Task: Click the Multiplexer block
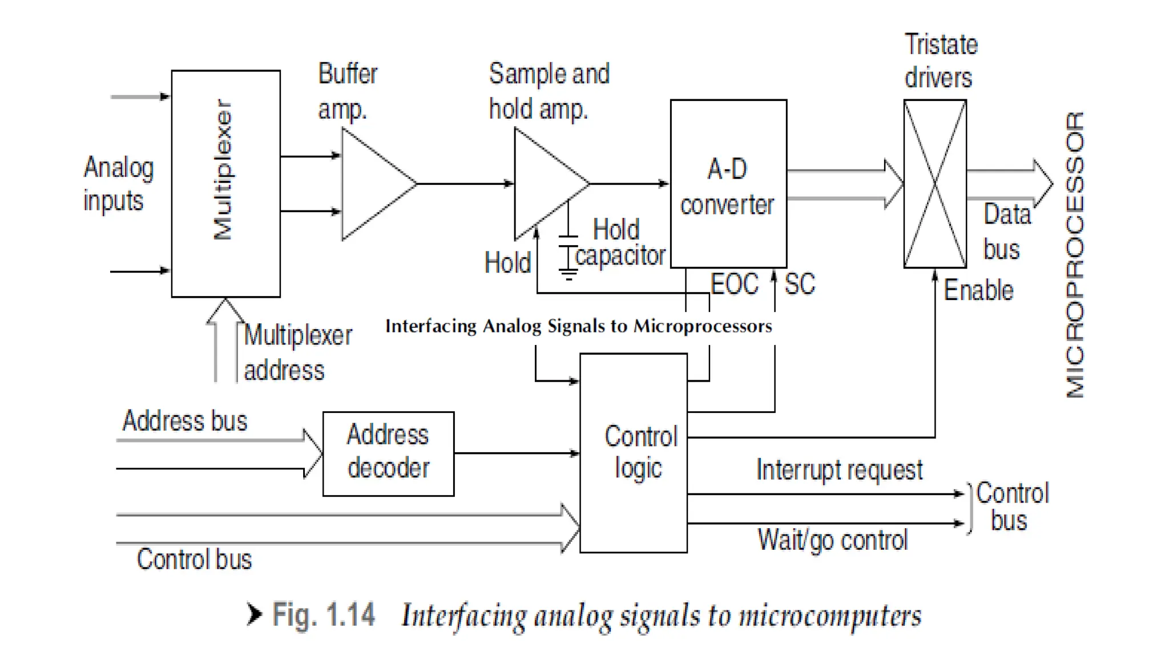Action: point(226,184)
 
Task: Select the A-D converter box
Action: point(728,184)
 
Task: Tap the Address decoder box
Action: point(389,454)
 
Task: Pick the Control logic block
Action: point(634,453)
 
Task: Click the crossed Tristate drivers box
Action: point(935,184)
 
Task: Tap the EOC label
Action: point(734,283)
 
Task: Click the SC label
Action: point(800,283)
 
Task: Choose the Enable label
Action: point(978,290)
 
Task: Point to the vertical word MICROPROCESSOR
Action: point(1075,254)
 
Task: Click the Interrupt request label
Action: point(839,471)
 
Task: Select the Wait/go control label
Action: point(832,540)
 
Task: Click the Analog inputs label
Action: point(119,184)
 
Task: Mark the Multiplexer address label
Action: point(298,352)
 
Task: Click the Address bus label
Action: point(185,421)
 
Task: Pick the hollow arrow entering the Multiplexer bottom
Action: point(225,340)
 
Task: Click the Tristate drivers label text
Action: point(941,61)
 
